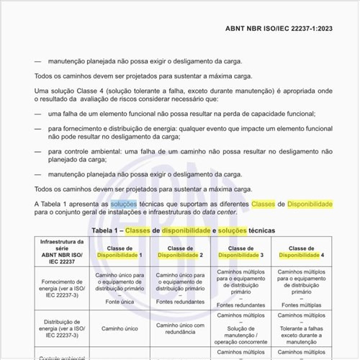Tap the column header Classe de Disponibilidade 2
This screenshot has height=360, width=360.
[181, 252]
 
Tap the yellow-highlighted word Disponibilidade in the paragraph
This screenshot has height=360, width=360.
[310, 204]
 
